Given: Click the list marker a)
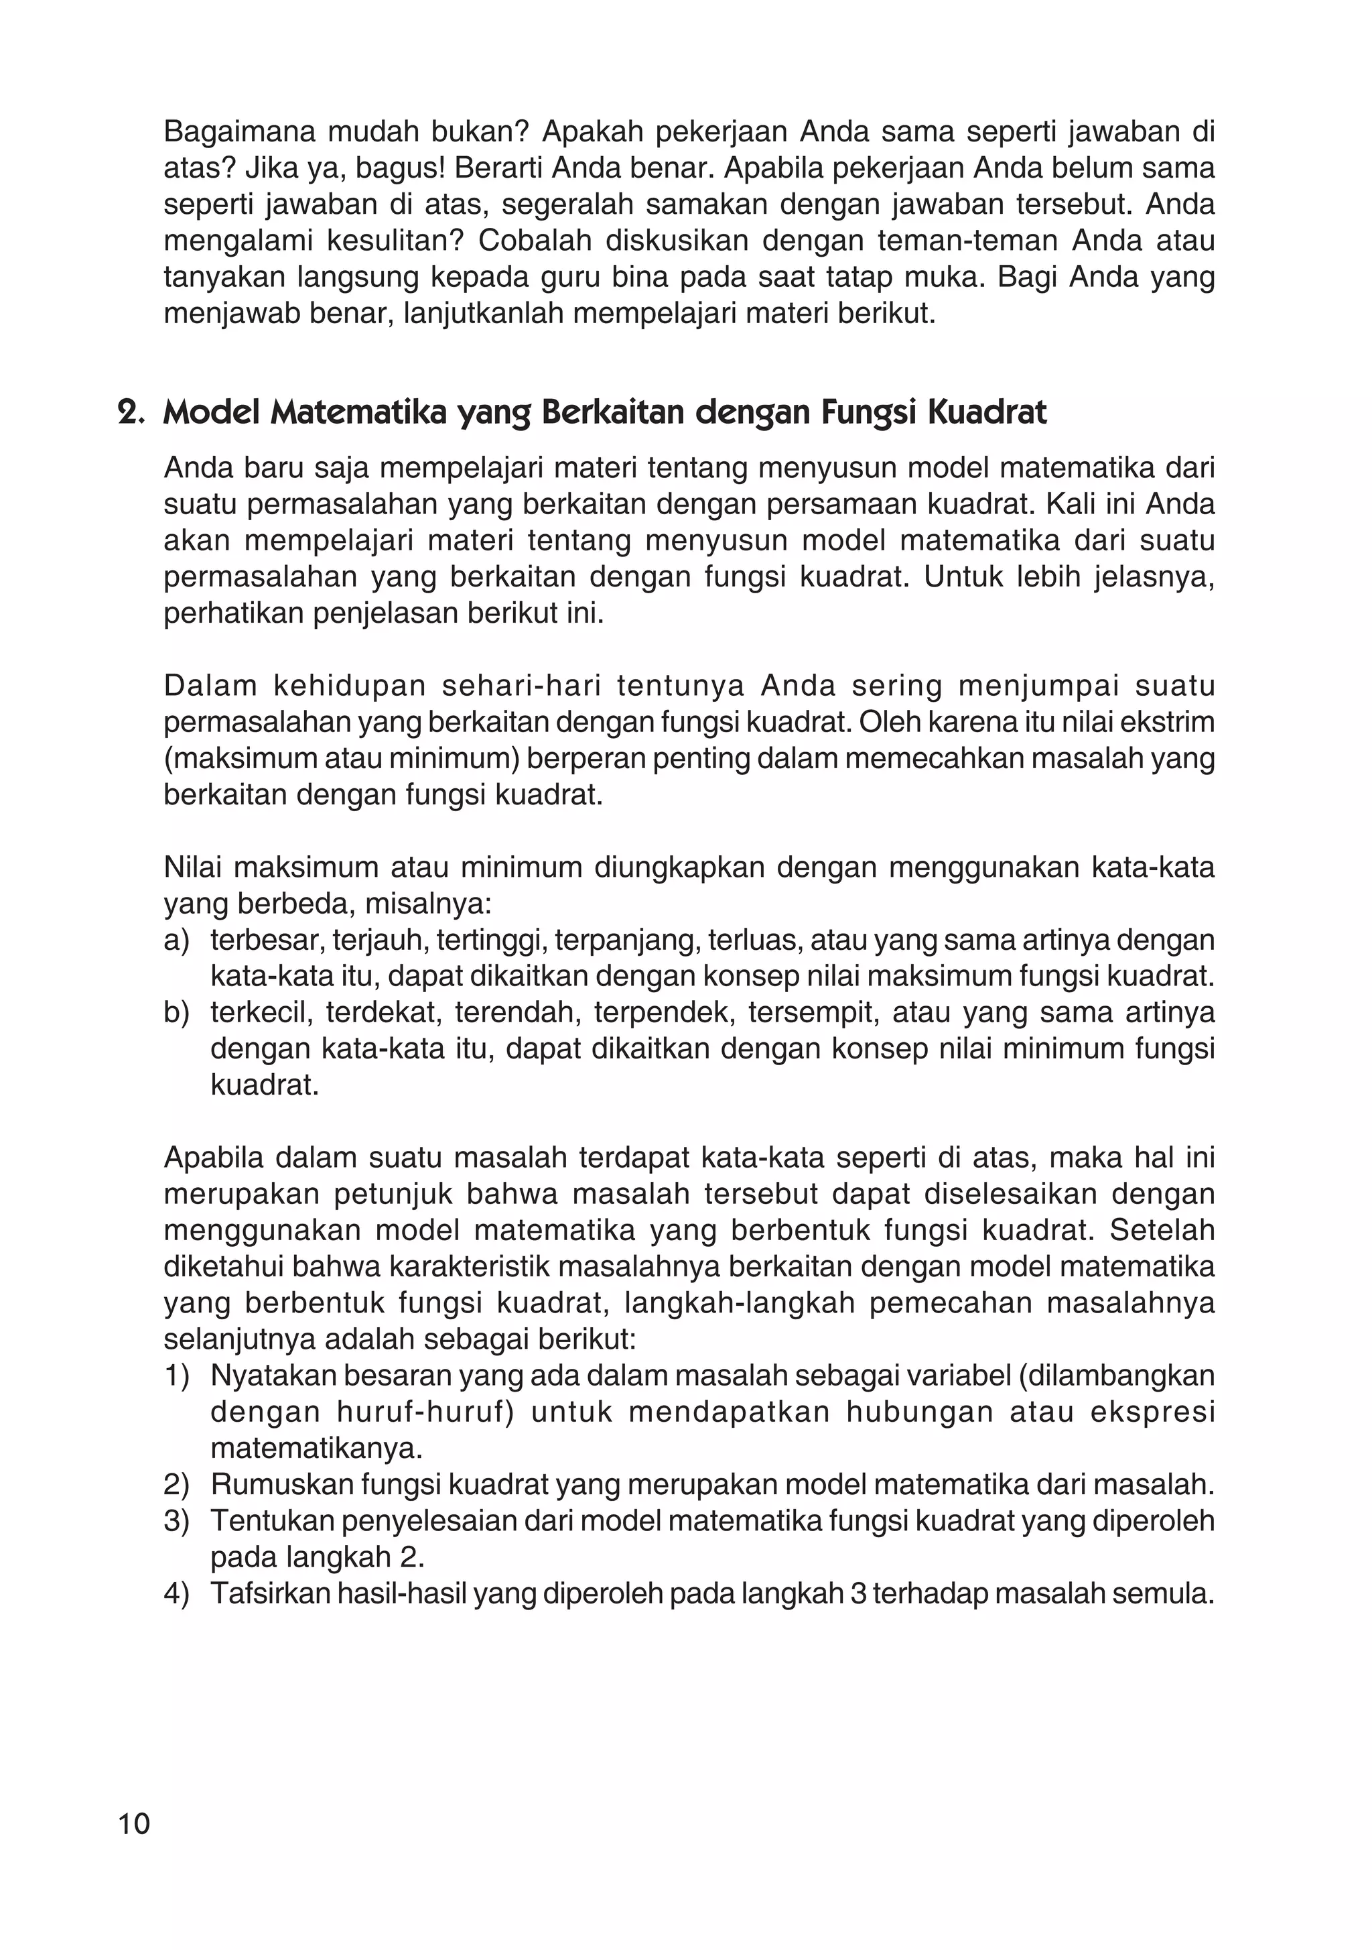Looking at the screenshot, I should coord(177,940).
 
